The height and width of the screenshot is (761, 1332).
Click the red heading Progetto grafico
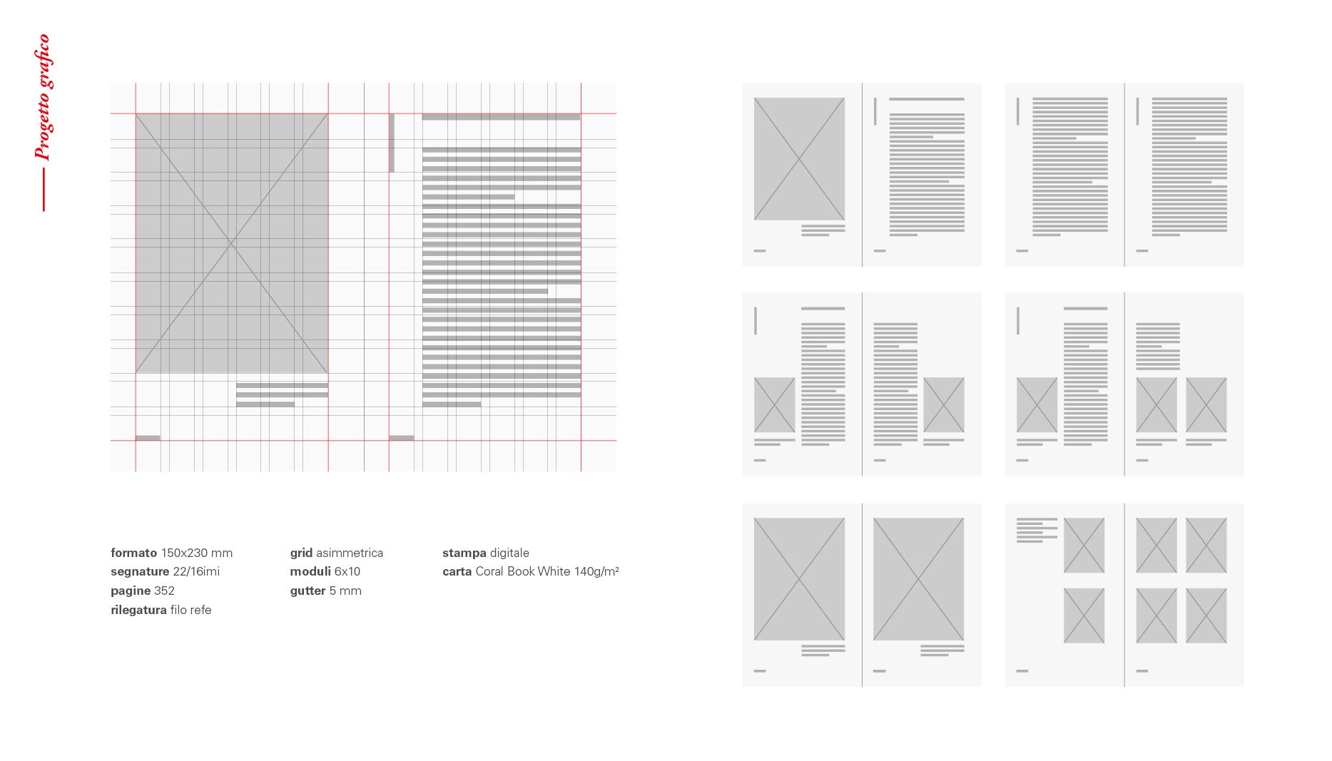[x=44, y=97]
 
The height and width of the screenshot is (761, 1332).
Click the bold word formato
[x=133, y=553]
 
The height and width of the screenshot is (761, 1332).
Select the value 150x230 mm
[x=197, y=553]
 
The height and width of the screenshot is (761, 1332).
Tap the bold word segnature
[x=140, y=572]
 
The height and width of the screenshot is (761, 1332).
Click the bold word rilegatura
[x=138, y=611]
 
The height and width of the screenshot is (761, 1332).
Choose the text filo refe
[x=191, y=610]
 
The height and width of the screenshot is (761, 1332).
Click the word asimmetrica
[x=350, y=553]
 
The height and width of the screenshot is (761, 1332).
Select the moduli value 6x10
[x=347, y=571]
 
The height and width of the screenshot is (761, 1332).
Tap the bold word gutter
[x=307, y=591]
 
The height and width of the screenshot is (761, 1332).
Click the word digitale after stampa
[x=509, y=553]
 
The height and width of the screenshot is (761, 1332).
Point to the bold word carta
[x=457, y=571]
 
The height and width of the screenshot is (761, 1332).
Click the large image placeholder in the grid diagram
[x=232, y=243]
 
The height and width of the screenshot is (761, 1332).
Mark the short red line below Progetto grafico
[x=44, y=189]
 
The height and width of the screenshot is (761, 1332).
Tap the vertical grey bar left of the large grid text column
[x=392, y=143]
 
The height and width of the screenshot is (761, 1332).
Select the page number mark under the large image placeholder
[x=148, y=438]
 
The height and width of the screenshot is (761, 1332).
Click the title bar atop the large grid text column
[x=501, y=117]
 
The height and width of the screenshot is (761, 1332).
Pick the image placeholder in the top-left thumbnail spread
[x=799, y=159]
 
